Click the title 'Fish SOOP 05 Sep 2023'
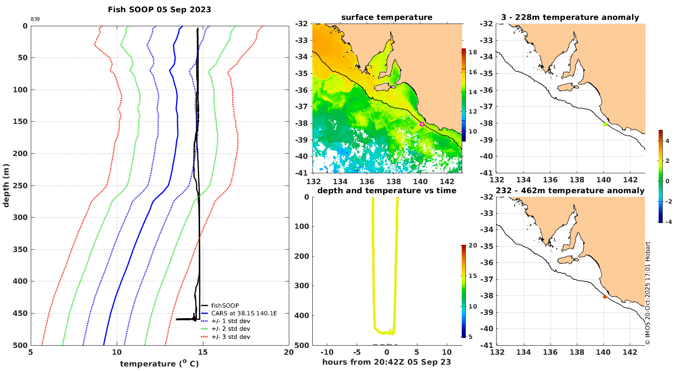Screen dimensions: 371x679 (159, 10)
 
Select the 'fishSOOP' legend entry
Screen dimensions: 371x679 (225, 305)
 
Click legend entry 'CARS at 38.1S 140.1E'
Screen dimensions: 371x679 (244, 313)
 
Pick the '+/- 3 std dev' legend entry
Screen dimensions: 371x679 (230, 337)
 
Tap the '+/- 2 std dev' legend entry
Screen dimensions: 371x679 (230, 329)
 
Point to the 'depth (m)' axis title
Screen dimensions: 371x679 (6, 185)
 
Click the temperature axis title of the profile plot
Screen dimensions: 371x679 (159, 364)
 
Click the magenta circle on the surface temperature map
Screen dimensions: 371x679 (422, 124)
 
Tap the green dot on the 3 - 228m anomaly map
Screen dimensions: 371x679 (605, 124)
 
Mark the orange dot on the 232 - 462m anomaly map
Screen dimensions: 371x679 (605, 297)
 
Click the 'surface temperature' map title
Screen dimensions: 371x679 (387, 18)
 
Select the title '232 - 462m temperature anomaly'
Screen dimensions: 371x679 (570, 190)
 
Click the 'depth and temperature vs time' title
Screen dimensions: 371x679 (387, 190)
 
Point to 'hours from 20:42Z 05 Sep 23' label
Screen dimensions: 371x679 (387, 362)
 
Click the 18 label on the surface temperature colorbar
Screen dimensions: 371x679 (473, 52)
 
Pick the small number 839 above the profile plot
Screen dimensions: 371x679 (35, 19)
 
